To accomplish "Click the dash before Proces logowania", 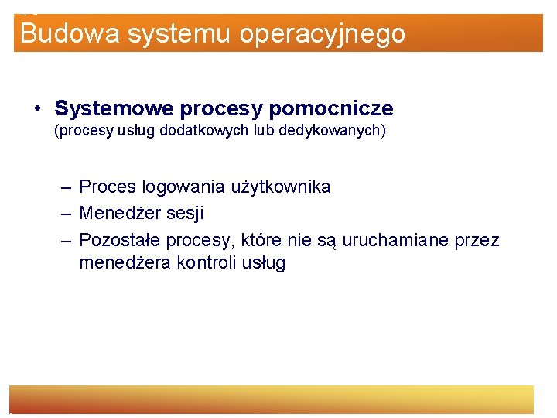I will tap(67, 187).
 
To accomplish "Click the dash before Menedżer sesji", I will tap(67, 213).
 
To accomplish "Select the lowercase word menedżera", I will tap(125, 263).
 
